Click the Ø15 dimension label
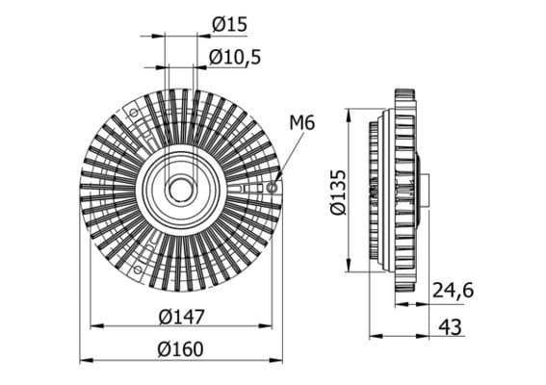click(x=229, y=25)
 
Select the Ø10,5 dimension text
click(x=235, y=57)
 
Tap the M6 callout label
click(x=302, y=123)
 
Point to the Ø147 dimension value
click(x=181, y=317)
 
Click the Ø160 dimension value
click(x=180, y=349)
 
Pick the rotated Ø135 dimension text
click(x=338, y=192)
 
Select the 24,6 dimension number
click(x=453, y=291)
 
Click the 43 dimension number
click(x=451, y=327)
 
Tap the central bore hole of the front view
click(x=181, y=190)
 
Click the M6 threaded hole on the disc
click(x=272, y=188)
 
